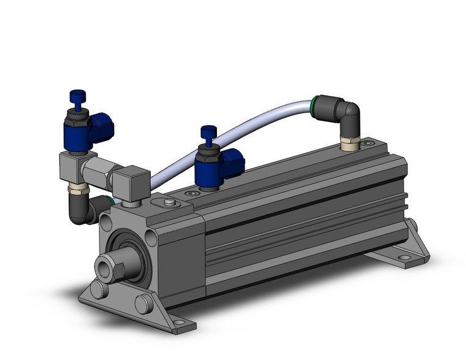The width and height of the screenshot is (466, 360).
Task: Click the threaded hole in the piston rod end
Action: tap(102, 267)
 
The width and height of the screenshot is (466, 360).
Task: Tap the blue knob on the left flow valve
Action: tap(77, 96)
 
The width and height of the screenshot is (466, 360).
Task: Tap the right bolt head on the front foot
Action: tap(142, 303)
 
